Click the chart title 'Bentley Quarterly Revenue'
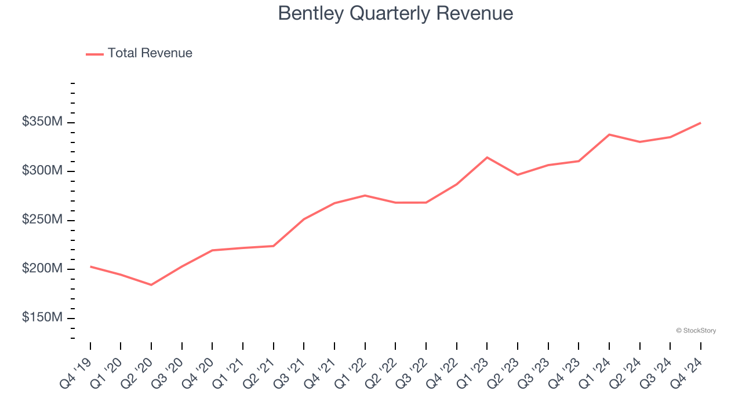(395, 13)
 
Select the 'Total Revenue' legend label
(150, 53)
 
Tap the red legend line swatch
(94, 54)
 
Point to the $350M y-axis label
(42, 122)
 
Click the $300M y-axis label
(42, 171)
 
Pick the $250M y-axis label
(42, 220)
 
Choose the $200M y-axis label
(42, 269)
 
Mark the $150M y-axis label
(42, 318)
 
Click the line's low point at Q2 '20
(151, 285)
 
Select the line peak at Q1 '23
(487, 158)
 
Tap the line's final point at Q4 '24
(700, 123)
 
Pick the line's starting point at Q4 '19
(90, 266)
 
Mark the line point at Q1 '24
(609, 134)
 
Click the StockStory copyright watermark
(696, 331)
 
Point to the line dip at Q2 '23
(518, 175)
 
